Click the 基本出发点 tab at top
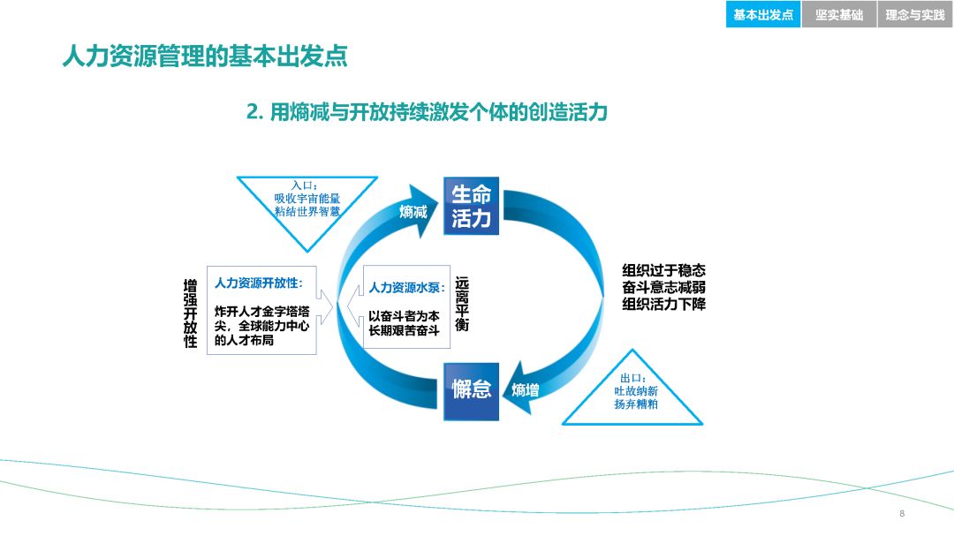(x=763, y=15)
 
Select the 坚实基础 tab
(x=838, y=15)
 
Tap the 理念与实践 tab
(x=915, y=15)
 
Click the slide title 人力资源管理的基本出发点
(x=204, y=57)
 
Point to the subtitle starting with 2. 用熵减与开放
(x=427, y=112)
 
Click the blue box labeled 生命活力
(x=471, y=207)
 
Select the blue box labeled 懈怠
(x=471, y=389)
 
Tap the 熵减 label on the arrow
(x=413, y=211)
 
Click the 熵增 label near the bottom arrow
(x=526, y=389)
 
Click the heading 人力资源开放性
(x=258, y=283)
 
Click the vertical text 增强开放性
(x=190, y=313)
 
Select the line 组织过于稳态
(x=663, y=270)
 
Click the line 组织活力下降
(x=663, y=304)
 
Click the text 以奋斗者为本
(x=404, y=315)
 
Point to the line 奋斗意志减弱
(x=663, y=287)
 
